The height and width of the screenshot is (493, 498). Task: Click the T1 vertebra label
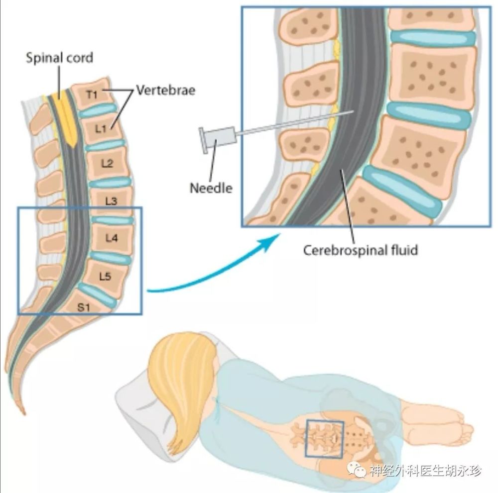(x=92, y=94)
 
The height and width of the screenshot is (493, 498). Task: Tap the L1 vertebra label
(x=101, y=128)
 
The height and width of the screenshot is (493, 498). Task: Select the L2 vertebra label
(x=107, y=163)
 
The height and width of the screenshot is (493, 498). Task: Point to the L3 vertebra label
(x=111, y=201)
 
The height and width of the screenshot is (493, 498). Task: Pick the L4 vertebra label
(x=112, y=238)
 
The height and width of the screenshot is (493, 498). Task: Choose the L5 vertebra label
(x=105, y=276)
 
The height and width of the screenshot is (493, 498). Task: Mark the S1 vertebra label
(x=84, y=307)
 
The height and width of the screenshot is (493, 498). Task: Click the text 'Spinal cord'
(x=59, y=58)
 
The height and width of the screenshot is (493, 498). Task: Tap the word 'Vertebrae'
(x=166, y=90)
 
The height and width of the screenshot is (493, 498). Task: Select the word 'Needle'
(x=211, y=188)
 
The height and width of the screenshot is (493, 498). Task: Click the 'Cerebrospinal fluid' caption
(x=360, y=250)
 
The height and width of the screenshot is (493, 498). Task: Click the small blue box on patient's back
(x=324, y=439)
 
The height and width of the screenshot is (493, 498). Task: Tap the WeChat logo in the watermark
(x=357, y=469)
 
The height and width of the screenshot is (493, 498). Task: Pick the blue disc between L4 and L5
(x=110, y=257)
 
